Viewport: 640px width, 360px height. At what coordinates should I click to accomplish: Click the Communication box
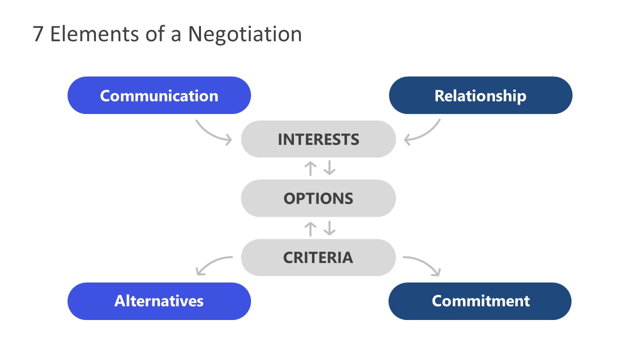tap(159, 95)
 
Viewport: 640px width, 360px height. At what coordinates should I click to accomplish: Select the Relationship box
tap(480, 95)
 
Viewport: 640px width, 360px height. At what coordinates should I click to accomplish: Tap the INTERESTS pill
tap(318, 139)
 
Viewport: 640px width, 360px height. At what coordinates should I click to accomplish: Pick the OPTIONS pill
tap(318, 198)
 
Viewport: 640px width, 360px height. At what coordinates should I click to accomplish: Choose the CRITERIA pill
tap(318, 257)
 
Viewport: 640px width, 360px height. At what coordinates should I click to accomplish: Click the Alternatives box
tap(159, 301)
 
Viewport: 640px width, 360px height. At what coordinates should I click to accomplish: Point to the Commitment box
tap(480, 301)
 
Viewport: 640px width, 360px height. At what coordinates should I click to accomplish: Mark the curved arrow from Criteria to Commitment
tap(425, 263)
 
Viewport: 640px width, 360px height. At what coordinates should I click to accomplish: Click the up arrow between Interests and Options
tap(310, 168)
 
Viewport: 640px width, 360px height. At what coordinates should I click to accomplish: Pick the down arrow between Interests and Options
tap(329, 168)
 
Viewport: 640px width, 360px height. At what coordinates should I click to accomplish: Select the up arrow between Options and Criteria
tap(310, 228)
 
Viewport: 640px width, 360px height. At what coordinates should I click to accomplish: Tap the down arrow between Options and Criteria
tap(329, 228)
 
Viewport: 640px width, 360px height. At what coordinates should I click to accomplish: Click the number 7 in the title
tap(38, 34)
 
